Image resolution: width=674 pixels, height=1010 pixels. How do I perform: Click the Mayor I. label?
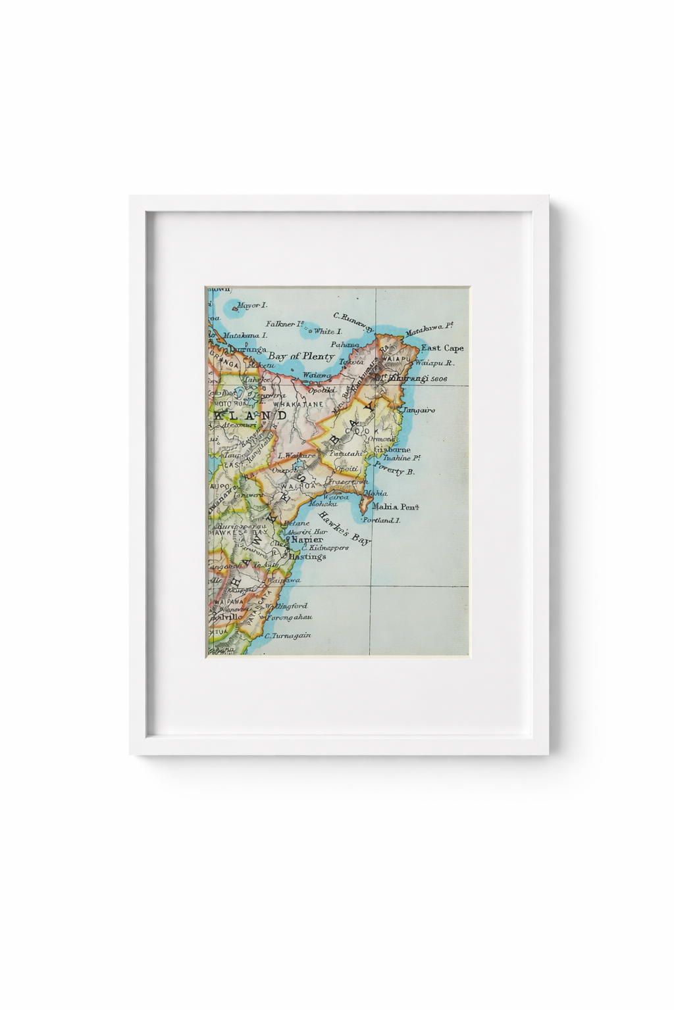252,306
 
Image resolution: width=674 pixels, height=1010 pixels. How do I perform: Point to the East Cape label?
442,348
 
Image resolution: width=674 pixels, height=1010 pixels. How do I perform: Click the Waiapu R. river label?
437,363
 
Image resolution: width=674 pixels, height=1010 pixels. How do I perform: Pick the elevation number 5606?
435,379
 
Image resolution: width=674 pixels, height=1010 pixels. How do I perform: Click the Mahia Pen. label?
396,507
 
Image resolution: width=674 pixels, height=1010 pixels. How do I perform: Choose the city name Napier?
307,540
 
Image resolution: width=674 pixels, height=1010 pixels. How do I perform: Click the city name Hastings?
307,556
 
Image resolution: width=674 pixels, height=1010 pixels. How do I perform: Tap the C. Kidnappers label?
324,548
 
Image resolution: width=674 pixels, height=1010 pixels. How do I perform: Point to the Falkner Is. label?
284,324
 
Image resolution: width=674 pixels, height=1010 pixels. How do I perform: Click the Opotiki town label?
322,389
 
